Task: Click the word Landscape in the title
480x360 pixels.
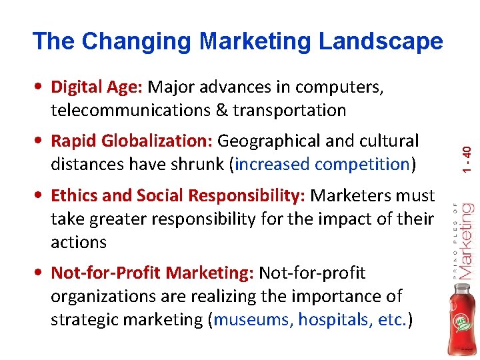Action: pos(381,41)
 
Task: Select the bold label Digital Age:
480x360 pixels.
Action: pos(97,87)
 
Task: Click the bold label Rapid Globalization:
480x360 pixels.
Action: pos(131,141)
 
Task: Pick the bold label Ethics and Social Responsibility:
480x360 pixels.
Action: pos(178,195)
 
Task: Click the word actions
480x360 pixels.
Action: pos(79,242)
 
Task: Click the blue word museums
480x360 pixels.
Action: pos(255,320)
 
